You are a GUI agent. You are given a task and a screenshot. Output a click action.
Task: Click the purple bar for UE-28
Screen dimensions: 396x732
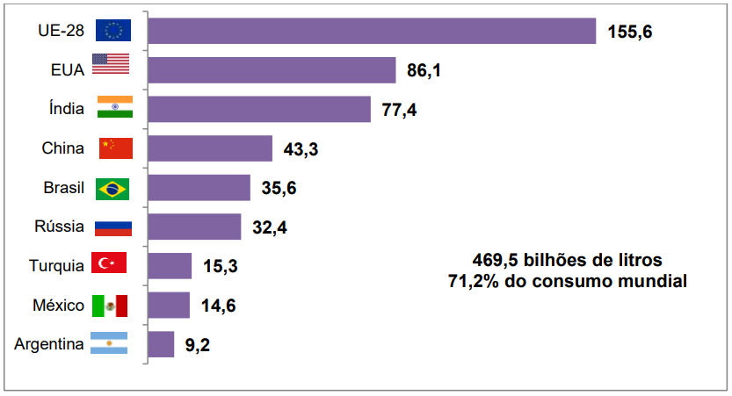click(x=372, y=31)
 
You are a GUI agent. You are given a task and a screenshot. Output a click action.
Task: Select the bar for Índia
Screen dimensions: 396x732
click(x=259, y=109)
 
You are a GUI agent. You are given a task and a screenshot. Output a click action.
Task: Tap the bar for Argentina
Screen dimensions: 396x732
click(x=161, y=344)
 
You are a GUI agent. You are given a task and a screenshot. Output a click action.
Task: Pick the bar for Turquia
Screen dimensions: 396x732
click(x=170, y=265)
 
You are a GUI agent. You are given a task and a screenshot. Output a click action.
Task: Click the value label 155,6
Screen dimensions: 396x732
click(x=630, y=32)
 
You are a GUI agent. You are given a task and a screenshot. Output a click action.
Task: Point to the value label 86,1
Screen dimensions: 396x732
click(x=424, y=70)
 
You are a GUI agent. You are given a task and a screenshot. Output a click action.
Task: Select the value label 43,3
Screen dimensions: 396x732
click(x=301, y=149)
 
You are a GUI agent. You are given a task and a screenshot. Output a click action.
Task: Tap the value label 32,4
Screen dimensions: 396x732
click(x=270, y=228)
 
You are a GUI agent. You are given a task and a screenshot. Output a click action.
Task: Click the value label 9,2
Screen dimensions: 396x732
click(x=197, y=345)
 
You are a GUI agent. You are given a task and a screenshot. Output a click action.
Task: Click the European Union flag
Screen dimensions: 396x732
click(x=114, y=31)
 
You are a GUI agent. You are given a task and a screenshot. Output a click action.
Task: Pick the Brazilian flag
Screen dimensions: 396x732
click(x=112, y=188)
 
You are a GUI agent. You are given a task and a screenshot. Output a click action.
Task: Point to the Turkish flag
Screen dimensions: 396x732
click(x=111, y=263)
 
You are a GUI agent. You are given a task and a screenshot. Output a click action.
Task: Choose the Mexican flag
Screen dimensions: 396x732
click(x=111, y=305)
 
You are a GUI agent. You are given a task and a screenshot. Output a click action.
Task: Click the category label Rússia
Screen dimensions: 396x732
click(x=60, y=227)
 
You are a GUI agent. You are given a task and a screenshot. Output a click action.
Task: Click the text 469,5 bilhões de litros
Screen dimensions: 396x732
click(x=567, y=260)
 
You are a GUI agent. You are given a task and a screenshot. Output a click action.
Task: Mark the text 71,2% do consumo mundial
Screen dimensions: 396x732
click(x=567, y=281)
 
